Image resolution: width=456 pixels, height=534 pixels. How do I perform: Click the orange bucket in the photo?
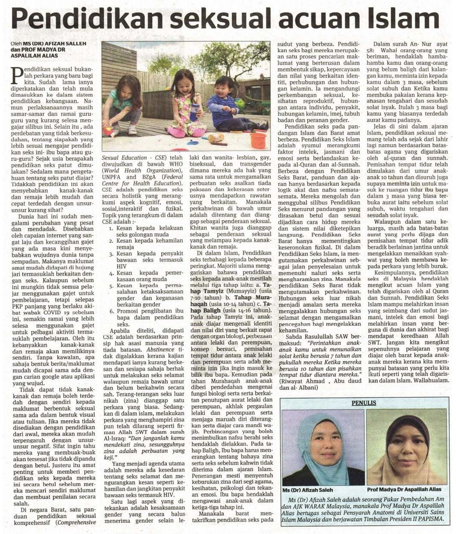coord(258,140)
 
